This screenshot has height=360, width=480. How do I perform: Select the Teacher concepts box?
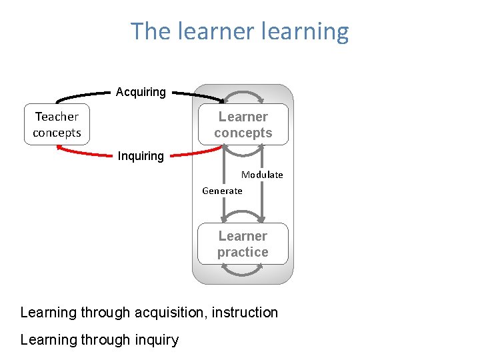pos(57,125)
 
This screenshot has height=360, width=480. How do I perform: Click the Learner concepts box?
pos(243,125)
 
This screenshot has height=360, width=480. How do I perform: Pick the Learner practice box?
pos(243,244)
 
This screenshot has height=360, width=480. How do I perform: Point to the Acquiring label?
pos(141,92)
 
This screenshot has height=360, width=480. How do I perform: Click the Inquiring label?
pos(141,156)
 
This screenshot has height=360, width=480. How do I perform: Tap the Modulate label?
pos(262,175)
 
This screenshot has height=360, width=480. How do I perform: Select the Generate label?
pos(222,191)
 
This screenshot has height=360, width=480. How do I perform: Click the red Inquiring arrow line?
pos(87,155)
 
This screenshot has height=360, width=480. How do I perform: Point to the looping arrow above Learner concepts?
pos(243,93)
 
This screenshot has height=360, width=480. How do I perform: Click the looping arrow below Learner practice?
pos(243,274)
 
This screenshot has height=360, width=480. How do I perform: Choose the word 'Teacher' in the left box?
pos(57,117)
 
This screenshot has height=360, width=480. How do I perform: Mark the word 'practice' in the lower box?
pos(243,252)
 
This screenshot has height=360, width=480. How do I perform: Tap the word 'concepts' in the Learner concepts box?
pos(243,133)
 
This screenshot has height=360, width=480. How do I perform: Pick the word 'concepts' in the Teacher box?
pos(57,133)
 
